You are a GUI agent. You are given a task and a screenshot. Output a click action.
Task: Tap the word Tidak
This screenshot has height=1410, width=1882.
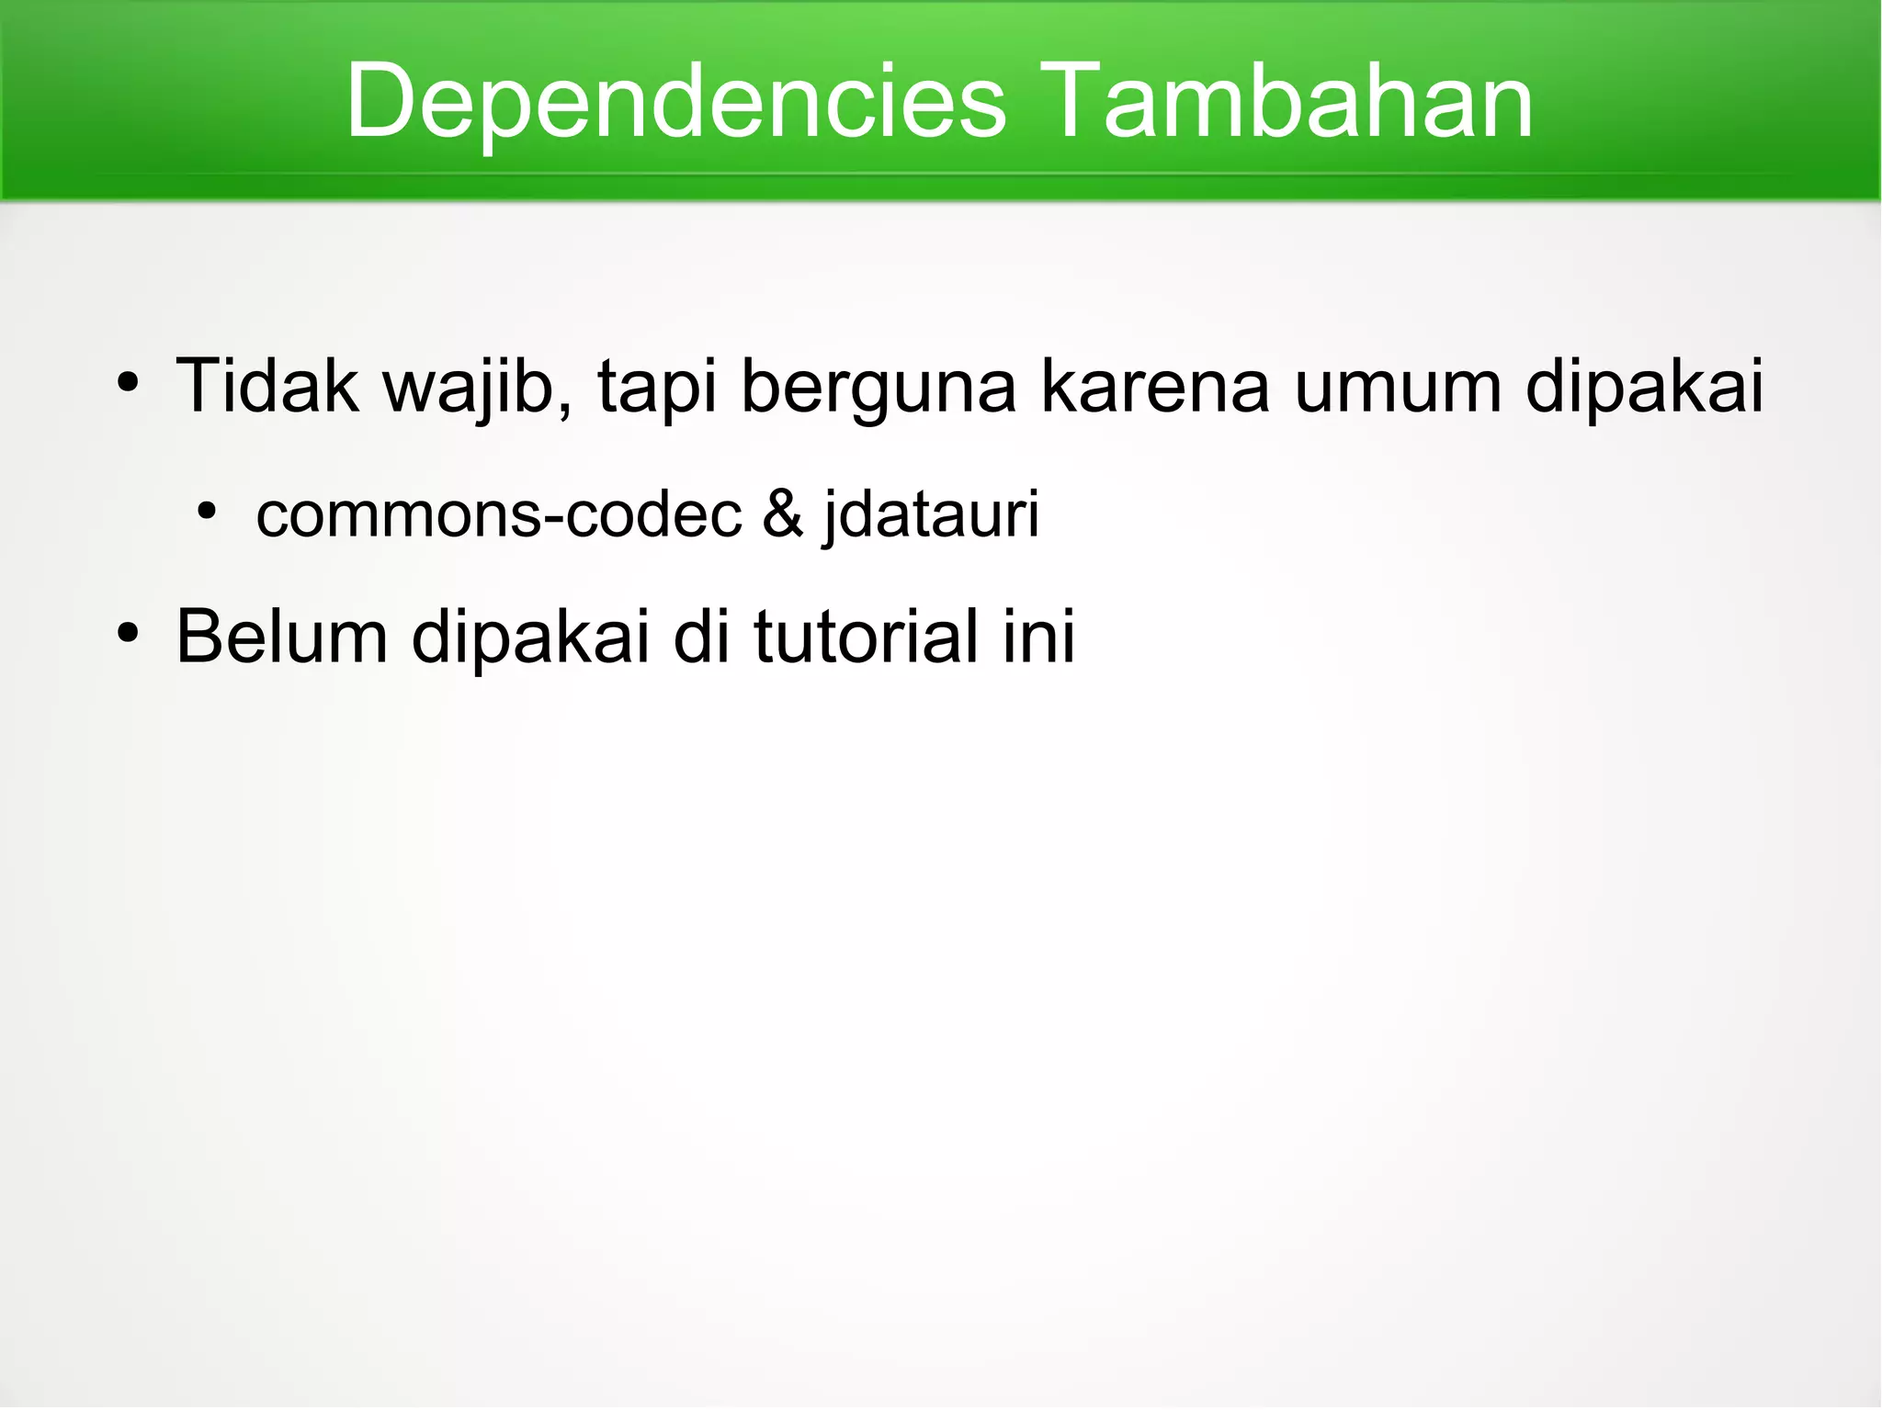point(266,386)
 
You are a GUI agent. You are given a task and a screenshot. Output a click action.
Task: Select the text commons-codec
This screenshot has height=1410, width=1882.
point(498,514)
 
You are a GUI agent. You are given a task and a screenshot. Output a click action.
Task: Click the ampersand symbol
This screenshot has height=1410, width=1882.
point(782,514)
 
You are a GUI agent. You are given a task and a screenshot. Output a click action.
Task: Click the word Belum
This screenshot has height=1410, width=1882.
point(281,637)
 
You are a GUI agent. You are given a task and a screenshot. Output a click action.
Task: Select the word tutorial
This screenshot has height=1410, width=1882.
point(867,637)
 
